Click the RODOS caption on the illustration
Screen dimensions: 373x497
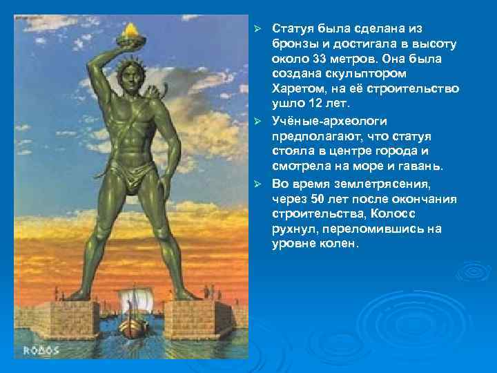click(43, 350)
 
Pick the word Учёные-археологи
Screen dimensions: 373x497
click(320, 119)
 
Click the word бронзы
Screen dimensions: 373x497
click(293, 44)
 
